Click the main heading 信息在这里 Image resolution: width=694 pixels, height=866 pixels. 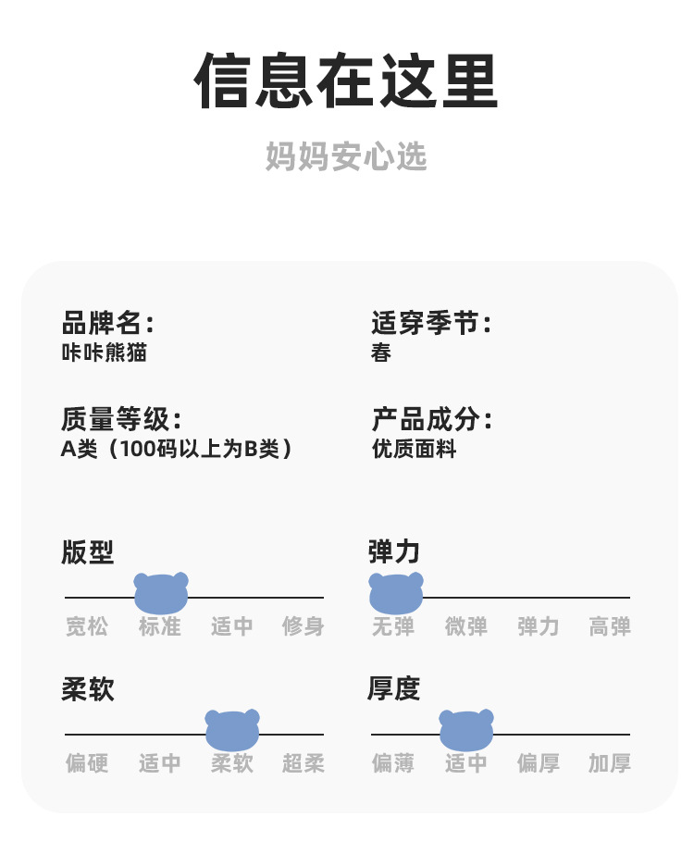[346, 81]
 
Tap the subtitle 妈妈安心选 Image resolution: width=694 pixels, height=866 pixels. [346, 156]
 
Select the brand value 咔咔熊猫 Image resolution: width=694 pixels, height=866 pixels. [104, 353]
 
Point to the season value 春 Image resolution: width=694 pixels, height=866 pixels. [381, 353]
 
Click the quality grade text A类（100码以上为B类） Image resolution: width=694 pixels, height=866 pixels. [178, 450]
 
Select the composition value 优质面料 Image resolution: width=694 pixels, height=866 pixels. [414, 450]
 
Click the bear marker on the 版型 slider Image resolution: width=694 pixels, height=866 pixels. [161, 593]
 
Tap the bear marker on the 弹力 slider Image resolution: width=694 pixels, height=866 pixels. [396, 593]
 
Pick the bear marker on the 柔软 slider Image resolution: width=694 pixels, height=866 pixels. [232, 730]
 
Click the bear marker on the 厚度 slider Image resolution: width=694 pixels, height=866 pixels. [466, 730]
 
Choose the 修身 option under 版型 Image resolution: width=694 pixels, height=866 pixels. [304, 626]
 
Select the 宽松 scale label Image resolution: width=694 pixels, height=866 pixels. [87, 626]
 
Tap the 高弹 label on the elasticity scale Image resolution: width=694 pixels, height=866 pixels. [610, 626]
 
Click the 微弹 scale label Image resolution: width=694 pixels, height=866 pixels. [466, 626]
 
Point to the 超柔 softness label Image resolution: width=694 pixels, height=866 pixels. [304, 763]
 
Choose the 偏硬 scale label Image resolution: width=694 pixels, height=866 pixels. [87, 763]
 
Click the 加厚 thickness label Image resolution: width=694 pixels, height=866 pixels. [610, 763]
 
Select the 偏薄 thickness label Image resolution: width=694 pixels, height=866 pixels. [393, 763]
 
